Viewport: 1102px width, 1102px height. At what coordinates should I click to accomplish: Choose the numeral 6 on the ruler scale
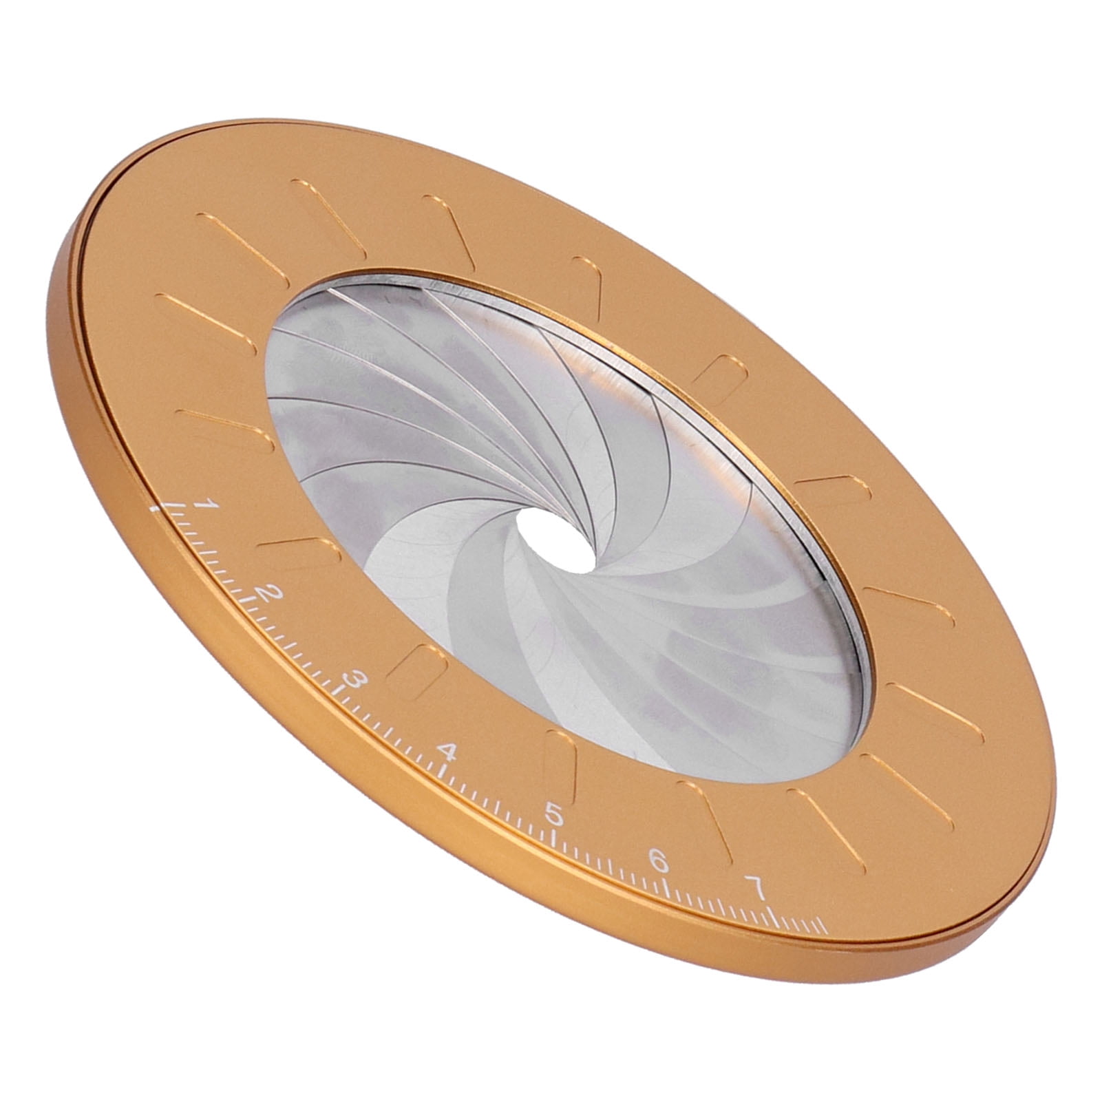pyautogui.click(x=659, y=861)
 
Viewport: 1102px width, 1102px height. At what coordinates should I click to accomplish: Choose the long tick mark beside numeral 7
pyautogui.click(x=774, y=918)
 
